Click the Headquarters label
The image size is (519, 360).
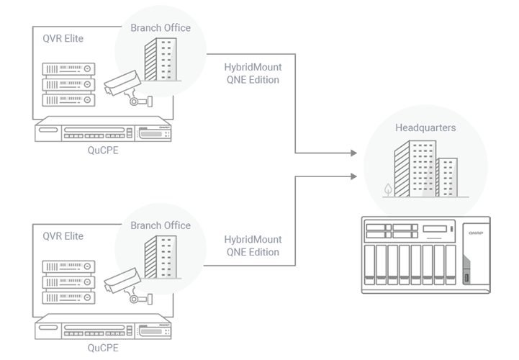tap(425, 128)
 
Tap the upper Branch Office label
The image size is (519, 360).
tap(161, 28)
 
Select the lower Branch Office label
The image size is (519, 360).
tap(161, 225)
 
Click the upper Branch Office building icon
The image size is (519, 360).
tap(160, 60)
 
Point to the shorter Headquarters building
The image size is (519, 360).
tap(447, 176)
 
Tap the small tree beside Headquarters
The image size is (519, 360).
tap(389, 189)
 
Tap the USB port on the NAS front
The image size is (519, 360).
tap(466, 278)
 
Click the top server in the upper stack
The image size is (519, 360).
tap(69, 69)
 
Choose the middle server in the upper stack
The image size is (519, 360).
tap(69, 84)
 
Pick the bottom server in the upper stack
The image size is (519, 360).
tap(69, 100)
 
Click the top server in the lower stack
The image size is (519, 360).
tap(69, 266)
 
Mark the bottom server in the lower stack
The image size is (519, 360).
tap(69, 297)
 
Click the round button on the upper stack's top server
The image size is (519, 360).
tap(87, 69)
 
